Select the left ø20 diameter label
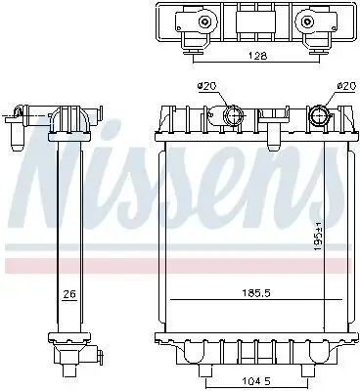[206, 87]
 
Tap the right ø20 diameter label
[343, 87]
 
